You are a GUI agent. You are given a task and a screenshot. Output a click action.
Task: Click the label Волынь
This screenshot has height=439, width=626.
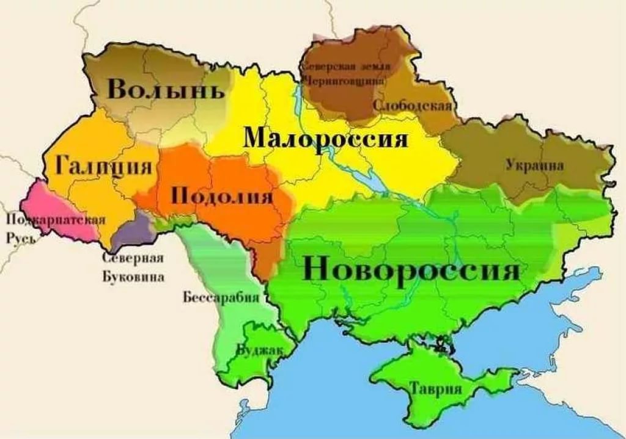[x=166, y=90]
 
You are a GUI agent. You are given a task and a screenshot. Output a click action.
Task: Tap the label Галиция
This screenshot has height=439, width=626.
[x=105, y=165]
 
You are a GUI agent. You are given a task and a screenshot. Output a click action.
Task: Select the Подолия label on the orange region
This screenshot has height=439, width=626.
[x=221, y=197]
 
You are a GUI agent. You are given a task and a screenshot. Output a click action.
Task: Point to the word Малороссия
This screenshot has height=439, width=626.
[x=325, y=139]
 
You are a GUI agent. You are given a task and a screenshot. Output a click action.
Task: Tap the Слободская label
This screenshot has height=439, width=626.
[x=412, y=106]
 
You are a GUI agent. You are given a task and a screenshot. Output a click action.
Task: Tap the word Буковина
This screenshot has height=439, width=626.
[x=133, y=277]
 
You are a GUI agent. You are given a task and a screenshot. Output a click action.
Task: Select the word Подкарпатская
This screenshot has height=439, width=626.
[x=56, y=220]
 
